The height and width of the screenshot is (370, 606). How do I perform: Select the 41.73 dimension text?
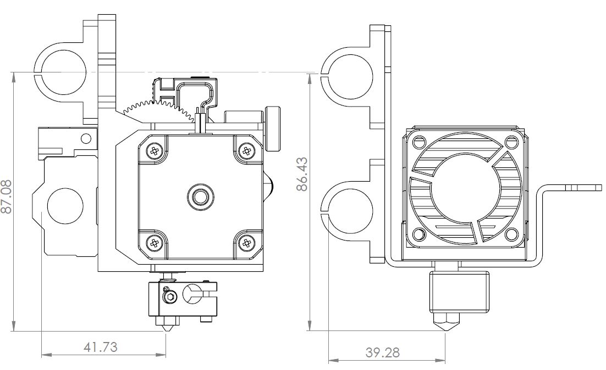point(101,347)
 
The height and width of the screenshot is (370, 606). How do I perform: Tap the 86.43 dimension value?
point(302,173)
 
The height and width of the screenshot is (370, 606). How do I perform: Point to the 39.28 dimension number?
point(383,352)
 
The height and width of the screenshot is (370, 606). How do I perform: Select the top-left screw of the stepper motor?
point(155,152)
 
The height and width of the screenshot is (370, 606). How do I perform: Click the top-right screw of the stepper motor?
point(246,151)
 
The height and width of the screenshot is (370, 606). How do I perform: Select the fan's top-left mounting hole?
point(418,143)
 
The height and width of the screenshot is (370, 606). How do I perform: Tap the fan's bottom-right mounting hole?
point(512,234)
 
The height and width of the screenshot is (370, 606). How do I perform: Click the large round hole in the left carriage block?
point(65,205)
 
